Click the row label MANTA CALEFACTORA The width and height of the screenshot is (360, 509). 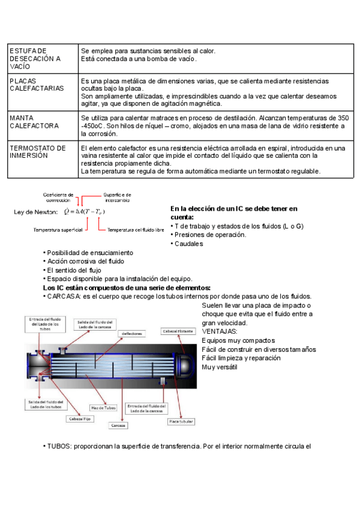pos(34,122)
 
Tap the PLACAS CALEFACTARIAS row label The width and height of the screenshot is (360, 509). pos(37,84)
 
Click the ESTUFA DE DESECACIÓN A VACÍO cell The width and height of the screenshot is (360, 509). pos(35,59)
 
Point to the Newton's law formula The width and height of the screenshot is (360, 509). pos(83,212)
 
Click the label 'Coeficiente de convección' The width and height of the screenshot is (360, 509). pos(58,197)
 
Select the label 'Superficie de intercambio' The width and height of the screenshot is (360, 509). pos(117,197)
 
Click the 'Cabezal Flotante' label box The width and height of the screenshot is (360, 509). pos(178,331)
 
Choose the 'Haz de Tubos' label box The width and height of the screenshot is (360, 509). pos(103,406)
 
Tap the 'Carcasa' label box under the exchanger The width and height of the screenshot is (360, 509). pos(118,425)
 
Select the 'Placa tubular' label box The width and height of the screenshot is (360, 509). pos(181,421)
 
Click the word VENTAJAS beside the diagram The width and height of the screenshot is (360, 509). pos(220,331)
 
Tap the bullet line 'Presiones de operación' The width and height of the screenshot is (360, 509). pos(210,235)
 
